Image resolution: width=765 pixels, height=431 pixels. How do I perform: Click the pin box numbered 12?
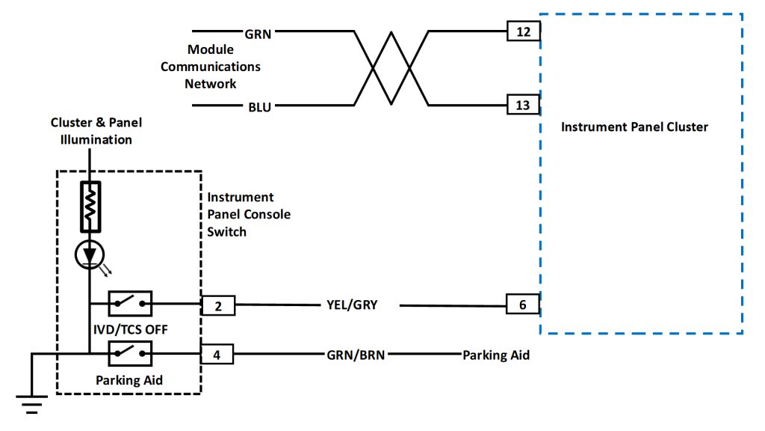tap(523, 31)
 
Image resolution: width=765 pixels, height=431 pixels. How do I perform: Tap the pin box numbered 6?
tap(523, 305)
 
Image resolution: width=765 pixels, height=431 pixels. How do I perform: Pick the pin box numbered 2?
tap(218, 305)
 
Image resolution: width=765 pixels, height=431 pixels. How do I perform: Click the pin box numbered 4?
tap(217, 354)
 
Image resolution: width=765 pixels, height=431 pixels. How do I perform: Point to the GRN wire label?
tap(258, 33)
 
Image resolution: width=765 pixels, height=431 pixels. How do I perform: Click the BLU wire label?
tap(259, 106)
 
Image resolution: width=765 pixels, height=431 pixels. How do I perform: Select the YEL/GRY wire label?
tap(353, 305)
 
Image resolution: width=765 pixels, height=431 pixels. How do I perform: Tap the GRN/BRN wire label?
tap(356, 355)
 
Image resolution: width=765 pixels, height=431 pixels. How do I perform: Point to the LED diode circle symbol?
tap(90, 256)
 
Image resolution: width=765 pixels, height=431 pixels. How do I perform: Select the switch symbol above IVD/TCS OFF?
tap(130, 304)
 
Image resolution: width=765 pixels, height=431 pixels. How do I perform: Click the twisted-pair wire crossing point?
tap(391, 68)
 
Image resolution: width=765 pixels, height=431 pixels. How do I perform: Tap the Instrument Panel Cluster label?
tap(634, 126)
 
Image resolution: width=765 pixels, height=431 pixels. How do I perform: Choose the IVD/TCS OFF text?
tap(130, 328)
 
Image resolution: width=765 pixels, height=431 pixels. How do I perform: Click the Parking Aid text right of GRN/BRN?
tap(496, 355)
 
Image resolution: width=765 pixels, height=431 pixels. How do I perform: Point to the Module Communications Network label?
tap(211, 67)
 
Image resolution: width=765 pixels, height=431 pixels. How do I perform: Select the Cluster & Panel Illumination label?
tap(96, 131)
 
